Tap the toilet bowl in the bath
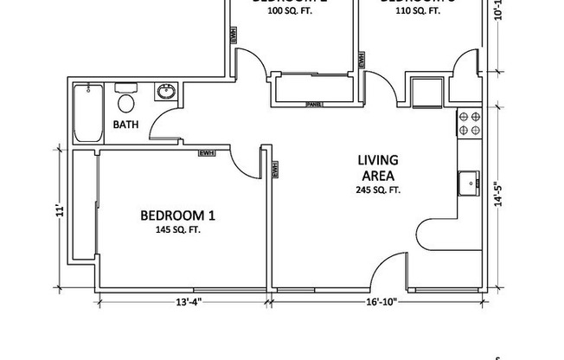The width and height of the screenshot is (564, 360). pos(126,103)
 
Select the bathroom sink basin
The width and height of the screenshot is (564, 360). pos(165,92)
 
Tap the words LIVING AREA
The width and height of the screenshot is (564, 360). pos(378,167)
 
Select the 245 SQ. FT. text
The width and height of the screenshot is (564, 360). pos(378,190)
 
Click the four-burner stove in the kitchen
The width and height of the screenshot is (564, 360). pos(468,125)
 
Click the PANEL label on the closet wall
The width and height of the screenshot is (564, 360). pos(314,105)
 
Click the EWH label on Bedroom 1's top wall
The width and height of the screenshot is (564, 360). pos(206,153)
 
